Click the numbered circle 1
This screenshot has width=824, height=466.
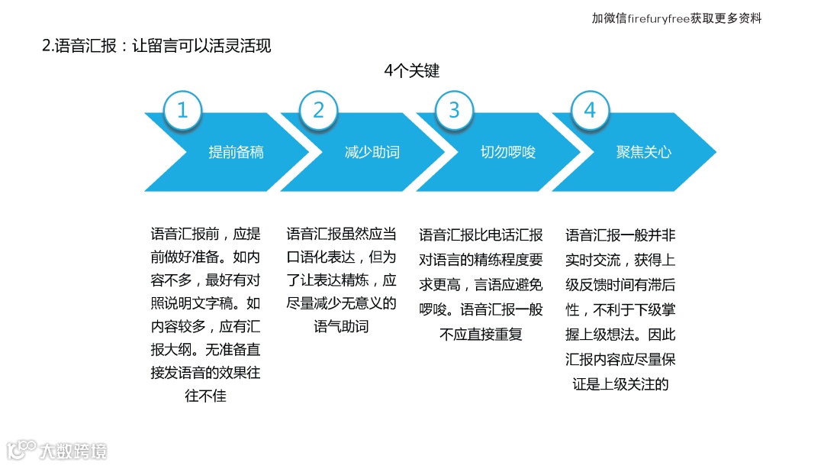182,111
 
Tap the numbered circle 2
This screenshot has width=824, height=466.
318,111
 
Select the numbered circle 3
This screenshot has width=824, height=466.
454,111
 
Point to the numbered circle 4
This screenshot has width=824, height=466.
590,111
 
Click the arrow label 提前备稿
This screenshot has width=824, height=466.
236,152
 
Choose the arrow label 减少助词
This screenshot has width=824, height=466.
372,152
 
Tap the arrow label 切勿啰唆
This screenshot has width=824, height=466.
507,152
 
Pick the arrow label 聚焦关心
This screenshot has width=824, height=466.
643,152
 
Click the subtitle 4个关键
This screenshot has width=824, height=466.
412,71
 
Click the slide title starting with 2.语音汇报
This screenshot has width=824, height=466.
156,45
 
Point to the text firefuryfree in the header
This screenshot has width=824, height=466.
658,18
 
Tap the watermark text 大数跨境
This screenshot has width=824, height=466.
73,450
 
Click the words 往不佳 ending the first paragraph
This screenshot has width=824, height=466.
205,396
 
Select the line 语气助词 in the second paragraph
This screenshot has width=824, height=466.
341,327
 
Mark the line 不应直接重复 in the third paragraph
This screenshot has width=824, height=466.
481,334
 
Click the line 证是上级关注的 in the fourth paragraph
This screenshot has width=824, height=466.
620,383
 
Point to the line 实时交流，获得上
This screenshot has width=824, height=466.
620,260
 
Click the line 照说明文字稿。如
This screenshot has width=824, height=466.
205,304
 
